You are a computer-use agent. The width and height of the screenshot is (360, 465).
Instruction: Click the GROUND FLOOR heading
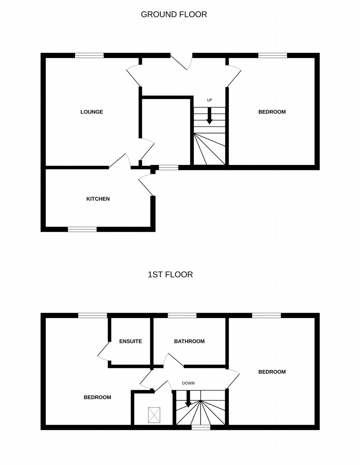coord(174,14)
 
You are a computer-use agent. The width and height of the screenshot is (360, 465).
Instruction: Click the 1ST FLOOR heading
coord(170,274)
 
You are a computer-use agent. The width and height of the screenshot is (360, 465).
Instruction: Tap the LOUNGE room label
coord(92,112)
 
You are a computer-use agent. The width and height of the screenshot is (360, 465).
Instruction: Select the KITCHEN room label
coord(98,199)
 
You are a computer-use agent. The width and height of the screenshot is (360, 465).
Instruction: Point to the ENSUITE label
coord(130,341)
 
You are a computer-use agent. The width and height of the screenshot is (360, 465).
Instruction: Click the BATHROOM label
coord(189,341)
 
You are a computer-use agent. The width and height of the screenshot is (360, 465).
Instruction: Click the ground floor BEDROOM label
coord(272,112)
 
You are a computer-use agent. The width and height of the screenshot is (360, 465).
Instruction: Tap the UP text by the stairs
coord(209,100)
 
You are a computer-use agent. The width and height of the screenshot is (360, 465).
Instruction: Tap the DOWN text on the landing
coord(188,383)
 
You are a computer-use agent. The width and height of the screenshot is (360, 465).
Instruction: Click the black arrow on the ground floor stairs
coord(210,116)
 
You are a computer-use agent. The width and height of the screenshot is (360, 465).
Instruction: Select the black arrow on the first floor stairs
coord(188,399)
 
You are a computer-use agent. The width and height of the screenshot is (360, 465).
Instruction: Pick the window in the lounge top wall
coord(89,55)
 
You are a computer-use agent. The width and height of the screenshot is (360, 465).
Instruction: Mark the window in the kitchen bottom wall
coord(82,229)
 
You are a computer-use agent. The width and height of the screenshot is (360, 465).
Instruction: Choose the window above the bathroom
coord(182,316)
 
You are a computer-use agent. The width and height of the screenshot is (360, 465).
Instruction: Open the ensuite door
coord(104,353)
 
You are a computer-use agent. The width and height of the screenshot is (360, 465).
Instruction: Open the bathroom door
coord(174,360)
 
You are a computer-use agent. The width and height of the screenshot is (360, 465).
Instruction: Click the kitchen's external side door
coord(147,184)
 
